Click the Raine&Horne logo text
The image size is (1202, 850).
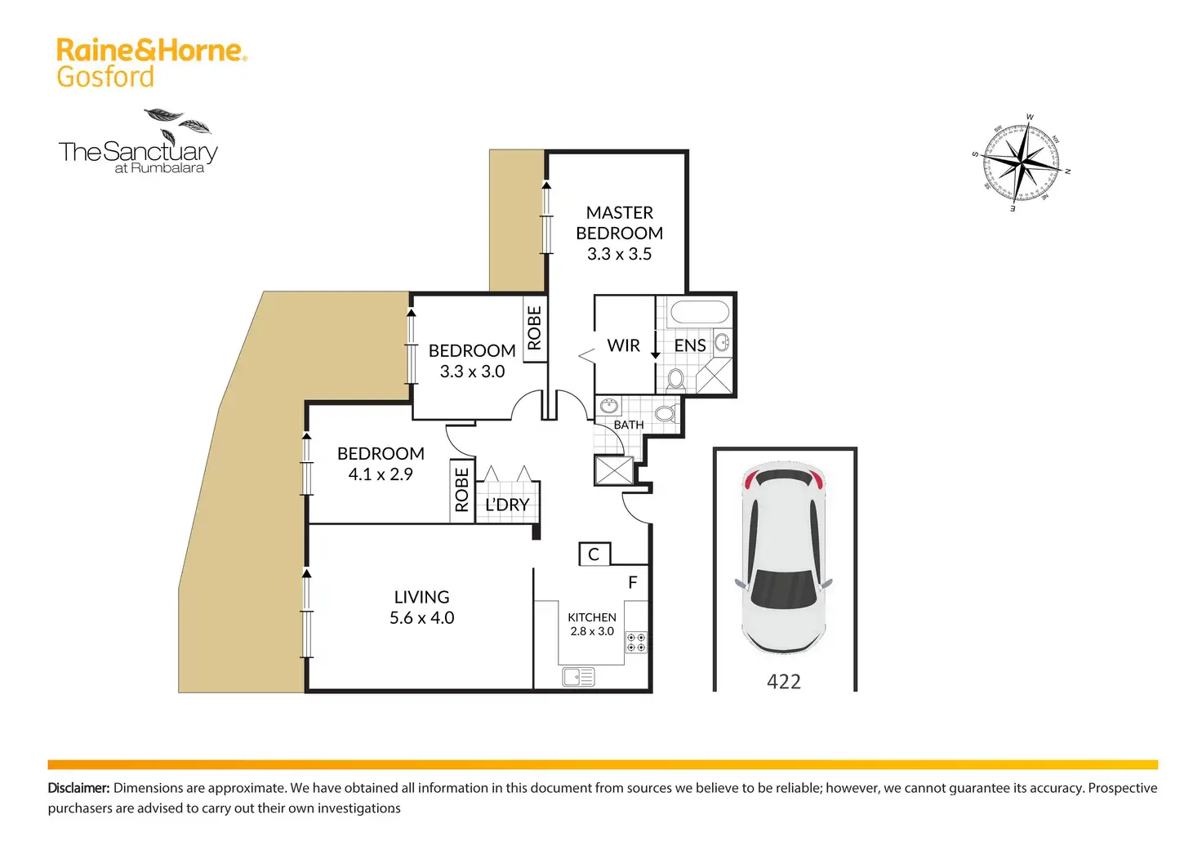click(151, 50)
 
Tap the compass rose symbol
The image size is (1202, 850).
click(1022, 162)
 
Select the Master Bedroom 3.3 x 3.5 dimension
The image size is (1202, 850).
click(619, 254)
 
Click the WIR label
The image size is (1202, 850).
click(624, 345)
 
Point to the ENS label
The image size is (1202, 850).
click(689, 345)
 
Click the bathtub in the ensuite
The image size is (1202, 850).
click(700, 312)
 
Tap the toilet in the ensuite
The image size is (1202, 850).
click(675, 379)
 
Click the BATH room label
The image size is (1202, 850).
click(629, 425)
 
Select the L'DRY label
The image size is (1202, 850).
click(507, 505)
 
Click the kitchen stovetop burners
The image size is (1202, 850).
click(636, 643)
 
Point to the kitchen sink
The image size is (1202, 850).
click(578, 677)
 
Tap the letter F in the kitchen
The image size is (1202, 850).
click(633, 582)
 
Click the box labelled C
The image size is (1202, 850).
click(594, 554)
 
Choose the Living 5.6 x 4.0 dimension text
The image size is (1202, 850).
click(422, 617)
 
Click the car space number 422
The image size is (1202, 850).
click(783, 682)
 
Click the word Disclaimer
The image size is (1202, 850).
click(78, 788)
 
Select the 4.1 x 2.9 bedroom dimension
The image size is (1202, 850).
click(381, 474)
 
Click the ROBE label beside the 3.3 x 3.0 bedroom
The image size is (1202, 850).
click(535, 328)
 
